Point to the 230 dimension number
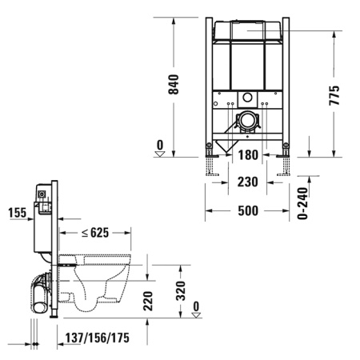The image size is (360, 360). [247, 182]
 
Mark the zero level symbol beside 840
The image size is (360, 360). [161, 149]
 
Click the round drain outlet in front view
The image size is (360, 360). [248, 122]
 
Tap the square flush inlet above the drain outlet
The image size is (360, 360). [247, 101]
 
